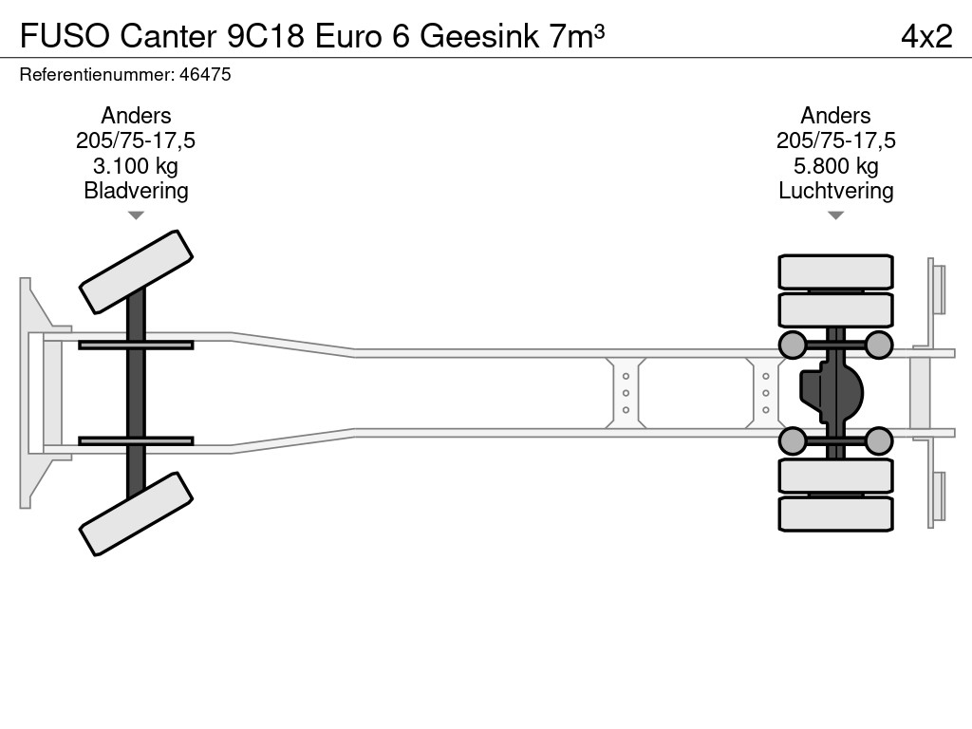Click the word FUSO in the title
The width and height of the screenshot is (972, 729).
65,36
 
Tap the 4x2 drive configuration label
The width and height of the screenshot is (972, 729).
926,36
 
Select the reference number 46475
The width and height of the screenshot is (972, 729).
205,74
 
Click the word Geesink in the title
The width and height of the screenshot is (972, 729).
479,36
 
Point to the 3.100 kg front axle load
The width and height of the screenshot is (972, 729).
135,166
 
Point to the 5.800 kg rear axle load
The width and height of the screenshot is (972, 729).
835,166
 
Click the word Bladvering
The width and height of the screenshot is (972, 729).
136,191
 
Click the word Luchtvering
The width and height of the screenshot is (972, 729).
835,191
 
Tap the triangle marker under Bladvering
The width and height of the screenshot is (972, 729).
136,215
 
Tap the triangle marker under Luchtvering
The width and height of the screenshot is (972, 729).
835,215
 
